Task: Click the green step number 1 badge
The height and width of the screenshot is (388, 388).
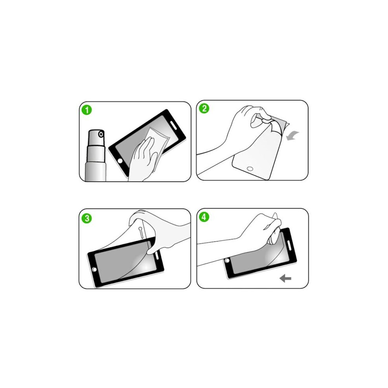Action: pyautogui.click(x=87, y=110)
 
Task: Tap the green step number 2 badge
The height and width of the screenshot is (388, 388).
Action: pyautogui.click(x=204, y=109)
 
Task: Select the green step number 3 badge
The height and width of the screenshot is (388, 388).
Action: pyautogui.click(x=87, y=218)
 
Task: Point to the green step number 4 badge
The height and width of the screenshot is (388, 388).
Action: pyautogui.click(x=204, y=217)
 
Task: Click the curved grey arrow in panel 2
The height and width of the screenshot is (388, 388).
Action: pyautogui.click(x=292, y=136)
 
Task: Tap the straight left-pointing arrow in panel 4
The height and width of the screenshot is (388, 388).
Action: pyautogui.click(x=285, y=279)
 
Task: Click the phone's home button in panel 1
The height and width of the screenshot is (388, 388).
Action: pyautogui.click(x=120, y=161)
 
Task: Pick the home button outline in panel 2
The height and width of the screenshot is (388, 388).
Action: pyautogui.click(x=250, y=169)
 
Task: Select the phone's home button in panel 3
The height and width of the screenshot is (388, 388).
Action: pyautogui.click(x=94, y=270)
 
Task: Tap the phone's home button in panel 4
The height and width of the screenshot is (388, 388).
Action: pyautogui.click(x=227, y=260)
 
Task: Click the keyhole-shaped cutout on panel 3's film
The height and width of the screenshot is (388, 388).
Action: pyautogui.click(x=141, y=232)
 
